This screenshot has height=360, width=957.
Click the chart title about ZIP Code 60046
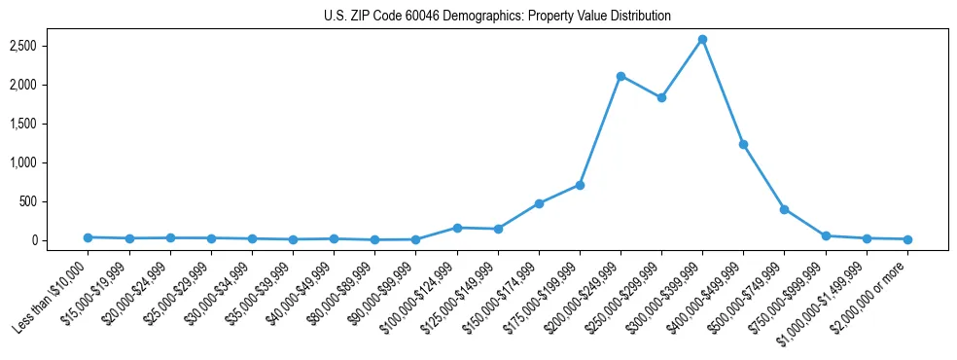pos(497,17)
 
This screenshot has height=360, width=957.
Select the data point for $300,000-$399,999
pos(702,39)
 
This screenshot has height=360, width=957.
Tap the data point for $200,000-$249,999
pos(620,76)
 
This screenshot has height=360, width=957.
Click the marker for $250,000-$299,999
pos(661,97)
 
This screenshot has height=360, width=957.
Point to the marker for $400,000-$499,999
pos(743,144)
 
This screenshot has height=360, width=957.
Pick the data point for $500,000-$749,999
pos(784,209)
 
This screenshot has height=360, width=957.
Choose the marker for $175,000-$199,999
pos(580,185)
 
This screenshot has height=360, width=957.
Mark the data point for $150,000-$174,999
pos(539,203)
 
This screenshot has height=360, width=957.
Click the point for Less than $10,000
pos(89,237)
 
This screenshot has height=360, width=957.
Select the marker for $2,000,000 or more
pos(906,239)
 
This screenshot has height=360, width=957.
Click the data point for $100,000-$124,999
pos(457,228)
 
